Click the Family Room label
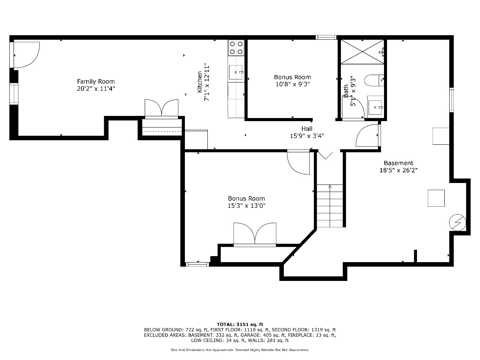click(x=96, y=81)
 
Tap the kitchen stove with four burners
click(x=236, y=48)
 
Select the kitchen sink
click(x=236, y=72)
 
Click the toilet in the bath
click(x=374, y=80)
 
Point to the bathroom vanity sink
click(x=375, y=107)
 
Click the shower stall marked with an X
click(x=362, y=52)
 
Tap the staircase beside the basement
click(x=330, y=205)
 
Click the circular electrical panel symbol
click(x=457, y=222)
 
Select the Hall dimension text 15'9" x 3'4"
click(x=307, y=136)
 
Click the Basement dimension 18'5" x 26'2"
click(x=398, y=170)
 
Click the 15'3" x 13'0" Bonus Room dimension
click(x=246, y=205)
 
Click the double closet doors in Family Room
click(x=162, y=109)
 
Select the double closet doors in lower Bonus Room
click(x=255, y=234)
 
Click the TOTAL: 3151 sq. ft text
click(x=240, y=324)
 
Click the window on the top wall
click(x=326, y=37)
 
